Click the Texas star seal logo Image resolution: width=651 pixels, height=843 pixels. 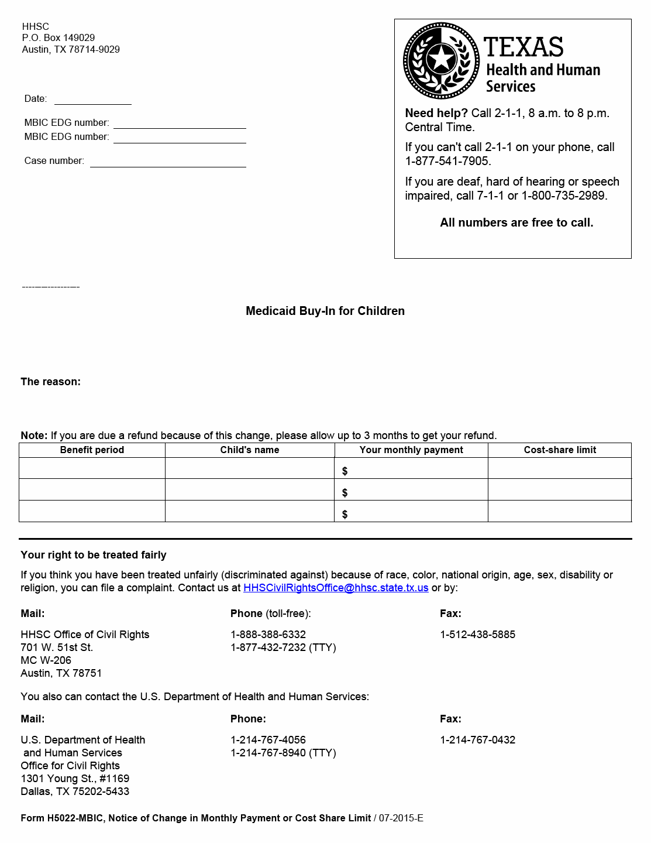click(442, 60)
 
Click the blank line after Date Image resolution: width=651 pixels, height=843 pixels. click(92, 100)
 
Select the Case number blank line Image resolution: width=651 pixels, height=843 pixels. click(168, 162)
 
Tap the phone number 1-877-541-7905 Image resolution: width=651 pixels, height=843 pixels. click(448, 161)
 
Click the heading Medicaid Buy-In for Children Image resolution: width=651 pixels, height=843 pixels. click(325, 311)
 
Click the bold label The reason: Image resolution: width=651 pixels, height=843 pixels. click(51, 382)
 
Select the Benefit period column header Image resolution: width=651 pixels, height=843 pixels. click(92, 450)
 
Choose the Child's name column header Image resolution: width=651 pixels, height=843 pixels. click(250, 450)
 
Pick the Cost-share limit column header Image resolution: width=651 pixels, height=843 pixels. click(560, 450)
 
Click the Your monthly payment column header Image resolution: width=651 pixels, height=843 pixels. click(411, 450)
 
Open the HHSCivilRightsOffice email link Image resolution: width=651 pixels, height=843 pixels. click(336, 588)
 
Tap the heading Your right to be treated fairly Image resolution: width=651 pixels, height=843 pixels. click(94, 555)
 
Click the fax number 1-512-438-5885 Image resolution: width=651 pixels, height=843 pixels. click(477, 635)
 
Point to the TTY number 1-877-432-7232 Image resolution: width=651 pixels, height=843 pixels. click(268, 647)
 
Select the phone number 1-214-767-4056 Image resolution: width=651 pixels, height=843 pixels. click(268, 740)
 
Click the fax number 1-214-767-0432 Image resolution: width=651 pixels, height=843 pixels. click(477, 740)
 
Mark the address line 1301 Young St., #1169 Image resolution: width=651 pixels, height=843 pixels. click(75, 779)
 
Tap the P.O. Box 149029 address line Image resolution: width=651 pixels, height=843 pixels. click(58, 38)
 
